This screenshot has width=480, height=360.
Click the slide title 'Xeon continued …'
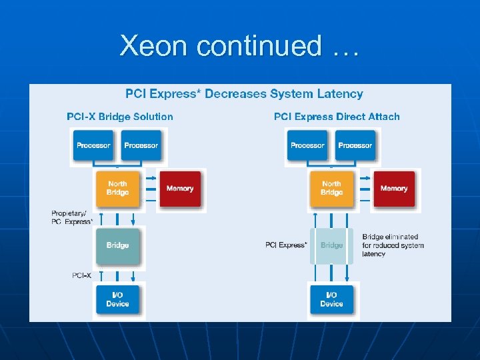click(x=239, y=45)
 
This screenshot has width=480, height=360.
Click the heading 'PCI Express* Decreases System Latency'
click(x=244, y=94)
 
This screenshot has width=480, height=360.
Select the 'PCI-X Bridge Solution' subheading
click(x=120, y=117)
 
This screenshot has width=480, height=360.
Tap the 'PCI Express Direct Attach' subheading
click(x=337, y=117)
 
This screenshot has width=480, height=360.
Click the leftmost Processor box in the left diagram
click(x=93, y=145)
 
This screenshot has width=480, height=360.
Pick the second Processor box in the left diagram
click(x=141, y=145)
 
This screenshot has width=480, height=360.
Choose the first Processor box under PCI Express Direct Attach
click(x=307, y=145)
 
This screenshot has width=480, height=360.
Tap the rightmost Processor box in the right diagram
click(x=355, y=145)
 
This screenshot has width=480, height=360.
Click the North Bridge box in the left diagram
click(x=117, y=188)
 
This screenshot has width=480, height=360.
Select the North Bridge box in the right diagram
click(x=331, y=188)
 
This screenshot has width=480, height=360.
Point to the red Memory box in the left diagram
click(x=180, y=189)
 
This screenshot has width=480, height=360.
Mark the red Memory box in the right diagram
click(x=394, y=189)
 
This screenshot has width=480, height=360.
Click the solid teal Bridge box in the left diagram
click(x=117, y=245)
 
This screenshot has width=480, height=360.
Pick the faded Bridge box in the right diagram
click(x=331, y=245)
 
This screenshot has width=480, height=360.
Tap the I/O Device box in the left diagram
click(x=117, y=299)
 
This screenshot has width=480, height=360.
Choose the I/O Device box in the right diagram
click(x=331, y=299)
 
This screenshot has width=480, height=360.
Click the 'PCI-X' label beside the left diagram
click(x=82, y=275)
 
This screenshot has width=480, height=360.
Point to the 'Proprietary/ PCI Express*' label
click(x=71, y=218)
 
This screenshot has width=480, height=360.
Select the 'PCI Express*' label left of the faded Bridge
click(x=286, y=245)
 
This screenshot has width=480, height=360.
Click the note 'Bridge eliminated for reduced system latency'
click(x=393, y=245)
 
